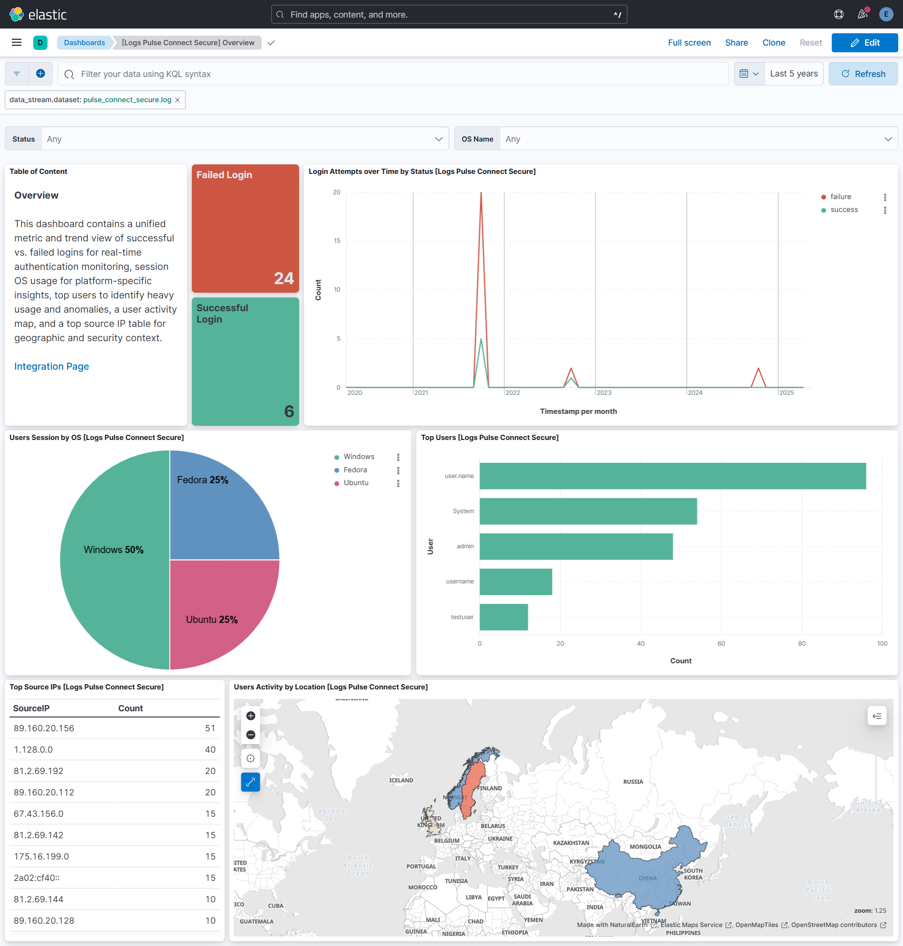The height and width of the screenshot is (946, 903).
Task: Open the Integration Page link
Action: [51, 366]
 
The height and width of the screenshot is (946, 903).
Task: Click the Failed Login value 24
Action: [284, 278]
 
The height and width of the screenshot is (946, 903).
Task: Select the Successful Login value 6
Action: [289, 411]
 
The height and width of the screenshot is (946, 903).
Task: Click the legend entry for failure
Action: [840, 196]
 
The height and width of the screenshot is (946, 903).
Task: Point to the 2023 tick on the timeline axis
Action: [604, 392]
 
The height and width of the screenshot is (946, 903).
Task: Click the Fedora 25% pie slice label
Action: [202, 480]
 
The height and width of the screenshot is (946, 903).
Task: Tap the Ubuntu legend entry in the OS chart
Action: [356, 482]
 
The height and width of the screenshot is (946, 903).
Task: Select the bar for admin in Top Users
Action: [576, 546]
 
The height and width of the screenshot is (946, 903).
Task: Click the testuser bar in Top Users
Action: [504, 617]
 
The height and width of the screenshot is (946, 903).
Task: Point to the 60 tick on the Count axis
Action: [721, 643]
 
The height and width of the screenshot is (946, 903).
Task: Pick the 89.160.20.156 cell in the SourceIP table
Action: [44, 728]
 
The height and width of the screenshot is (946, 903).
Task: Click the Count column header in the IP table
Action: [131, 708]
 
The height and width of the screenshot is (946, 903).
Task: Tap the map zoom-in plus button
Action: [250, 716]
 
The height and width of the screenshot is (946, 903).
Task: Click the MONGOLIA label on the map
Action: [645, 847]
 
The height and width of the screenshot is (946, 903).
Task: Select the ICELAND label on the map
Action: [401, 780]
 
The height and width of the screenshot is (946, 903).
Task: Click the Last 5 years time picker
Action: [793, 74]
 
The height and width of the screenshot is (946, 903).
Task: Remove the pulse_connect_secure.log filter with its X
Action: [177, 100]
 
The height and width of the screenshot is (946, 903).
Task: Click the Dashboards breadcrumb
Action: [84, 42]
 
